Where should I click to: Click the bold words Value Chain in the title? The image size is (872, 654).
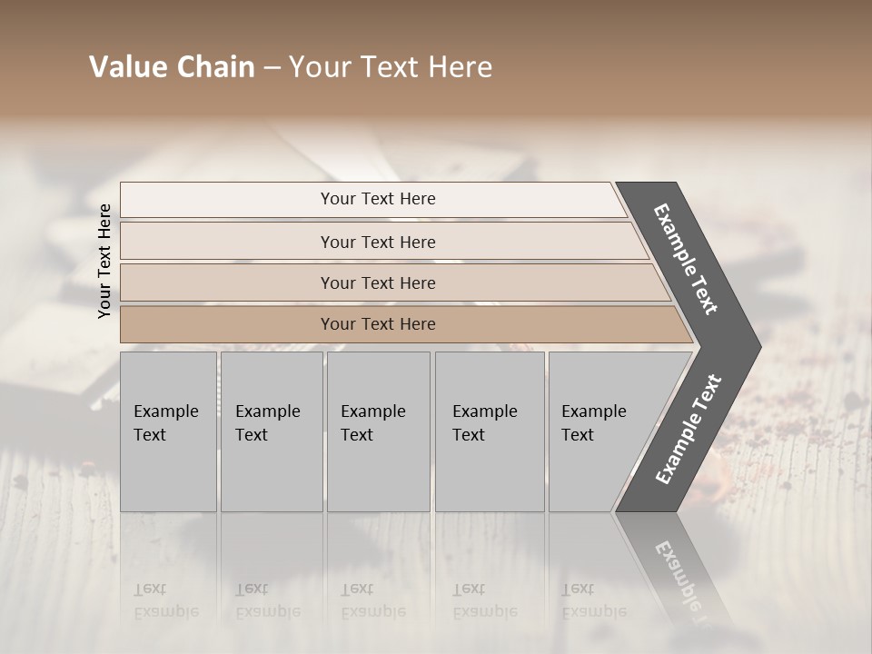click(x=172, y=67)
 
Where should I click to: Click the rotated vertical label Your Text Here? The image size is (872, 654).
click(x=104, y=261)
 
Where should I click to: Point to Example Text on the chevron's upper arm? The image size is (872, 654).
click(x=686, y=259)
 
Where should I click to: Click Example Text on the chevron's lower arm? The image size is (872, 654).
click(x=688, y=430)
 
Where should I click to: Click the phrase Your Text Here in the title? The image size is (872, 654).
click(x=391, y=67)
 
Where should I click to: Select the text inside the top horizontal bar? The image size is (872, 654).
click(x=378, y=199)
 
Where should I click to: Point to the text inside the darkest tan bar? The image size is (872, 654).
click(x=378, y=324)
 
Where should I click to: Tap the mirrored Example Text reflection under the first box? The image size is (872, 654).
click(x=165, y=600)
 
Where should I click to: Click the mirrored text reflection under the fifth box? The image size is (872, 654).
click(x=593, y=600)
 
